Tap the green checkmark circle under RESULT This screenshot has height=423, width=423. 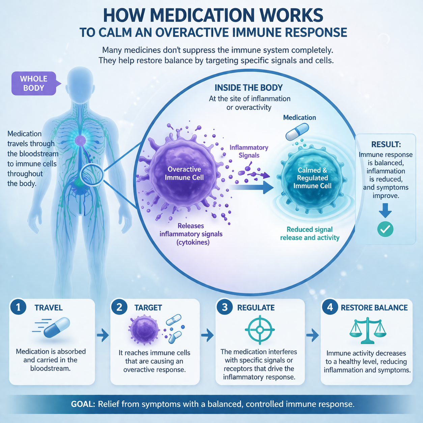tap(385, 229)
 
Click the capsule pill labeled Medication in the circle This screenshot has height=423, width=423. tap(297, 132)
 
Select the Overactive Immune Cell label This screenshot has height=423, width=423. tap(184, 173)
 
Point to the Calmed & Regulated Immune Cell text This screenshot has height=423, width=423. tap(312, 178)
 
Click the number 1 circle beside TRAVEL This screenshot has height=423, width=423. tap(19, 307)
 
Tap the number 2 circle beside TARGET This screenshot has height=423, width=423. tap(119, 307)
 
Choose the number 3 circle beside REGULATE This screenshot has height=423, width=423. tap(225, 307)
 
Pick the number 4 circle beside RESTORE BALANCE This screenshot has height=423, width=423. tap(330, 307)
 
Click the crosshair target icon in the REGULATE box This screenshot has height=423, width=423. tap(260, 330)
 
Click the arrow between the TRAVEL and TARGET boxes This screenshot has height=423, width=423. tap(103, 335)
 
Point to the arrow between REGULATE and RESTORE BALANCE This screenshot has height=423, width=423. tap(312, 335)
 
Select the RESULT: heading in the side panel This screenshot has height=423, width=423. tap(386, 144)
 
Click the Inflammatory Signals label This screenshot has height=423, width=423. tap(249, 151)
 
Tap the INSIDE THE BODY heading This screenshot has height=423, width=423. tap(249, 88)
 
